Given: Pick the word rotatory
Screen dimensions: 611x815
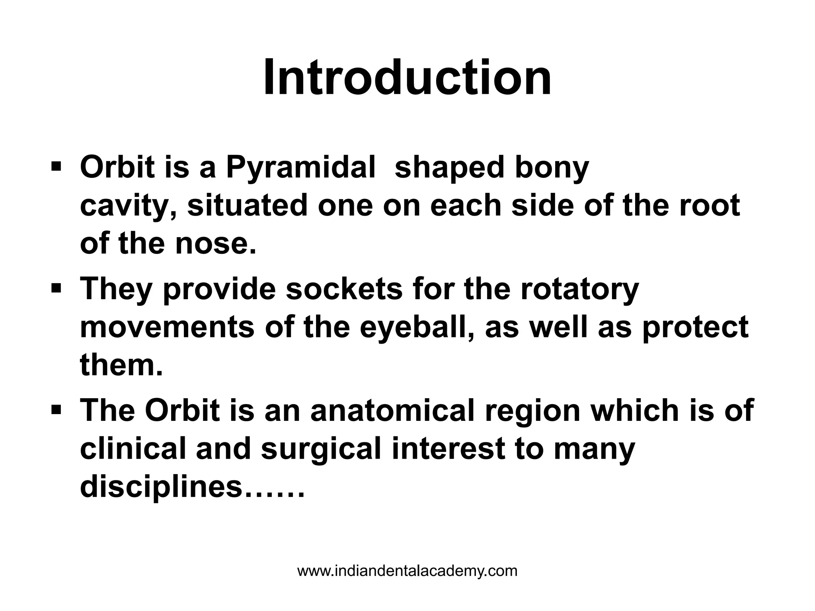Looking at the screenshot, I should pos(579,289).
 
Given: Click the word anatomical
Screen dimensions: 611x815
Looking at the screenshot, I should pos(392,411).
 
